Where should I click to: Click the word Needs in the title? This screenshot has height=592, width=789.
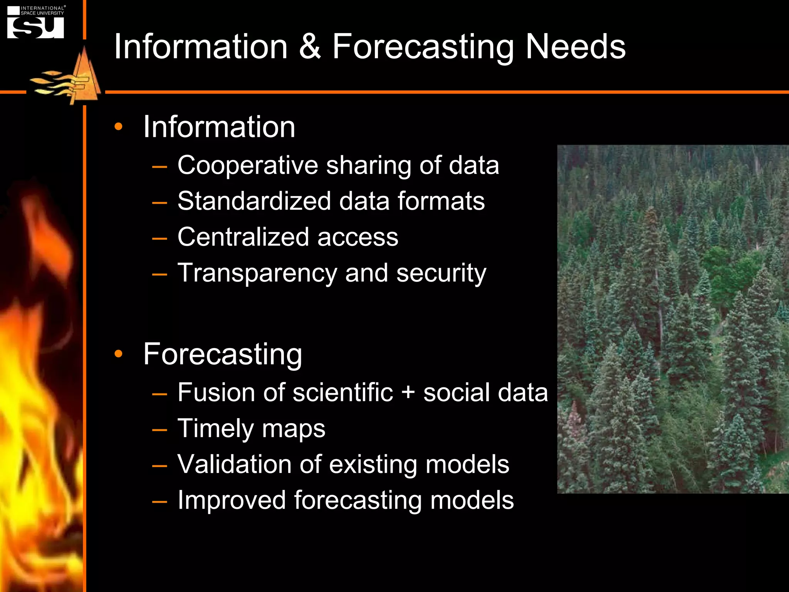tap(576, 47)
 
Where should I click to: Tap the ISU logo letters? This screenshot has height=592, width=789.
tap(35, 28)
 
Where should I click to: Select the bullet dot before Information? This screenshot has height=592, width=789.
tap(118, 126)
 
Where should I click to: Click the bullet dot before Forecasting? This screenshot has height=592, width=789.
tap(118, 353)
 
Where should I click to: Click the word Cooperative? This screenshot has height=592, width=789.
tap(247, 166)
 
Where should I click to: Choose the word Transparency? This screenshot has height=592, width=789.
tap(257, 273)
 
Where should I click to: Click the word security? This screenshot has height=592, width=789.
tap(441, 273)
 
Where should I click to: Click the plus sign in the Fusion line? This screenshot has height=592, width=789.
tap(408, 393)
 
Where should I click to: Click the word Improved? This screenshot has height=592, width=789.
tap(231, 500)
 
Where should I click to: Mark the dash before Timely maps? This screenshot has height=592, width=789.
tap(159, 429)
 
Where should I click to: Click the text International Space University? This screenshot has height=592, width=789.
tap(42, 10)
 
